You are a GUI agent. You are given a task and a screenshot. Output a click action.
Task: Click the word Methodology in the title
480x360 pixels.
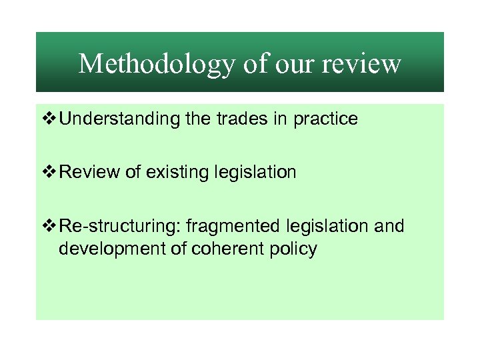pos(157,64)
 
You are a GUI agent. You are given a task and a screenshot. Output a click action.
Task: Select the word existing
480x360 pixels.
pos(175,173)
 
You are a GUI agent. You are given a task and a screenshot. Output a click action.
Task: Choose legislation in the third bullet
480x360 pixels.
pos(330,227)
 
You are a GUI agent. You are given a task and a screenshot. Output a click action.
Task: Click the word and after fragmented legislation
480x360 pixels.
pos(390,227)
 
